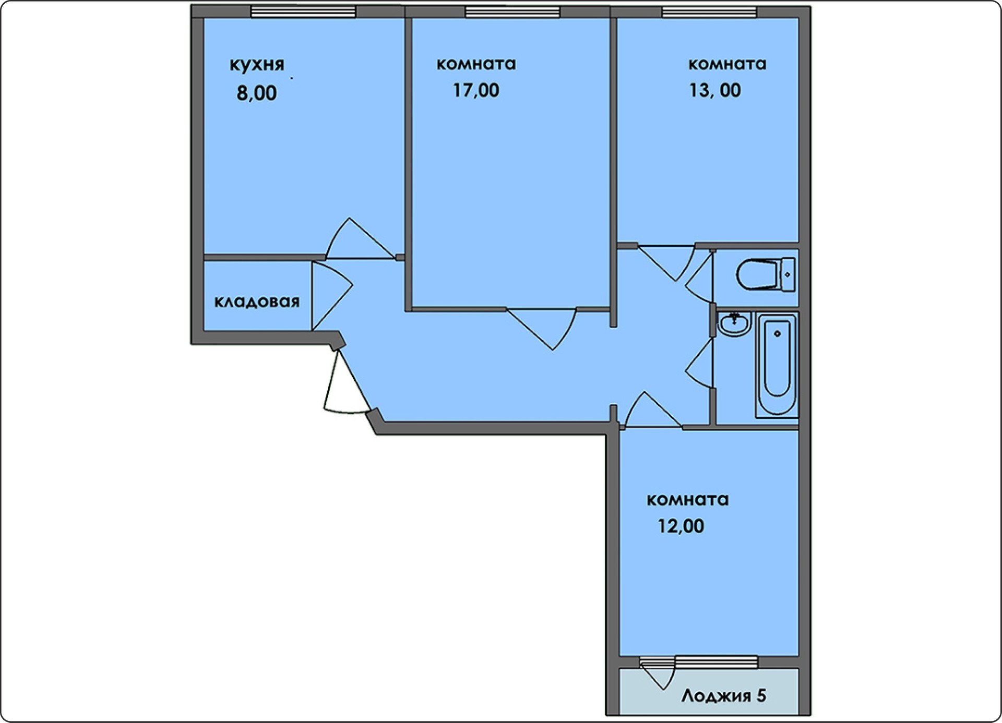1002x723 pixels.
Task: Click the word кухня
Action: (257, 65)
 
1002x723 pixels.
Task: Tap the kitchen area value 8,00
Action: (256, 93)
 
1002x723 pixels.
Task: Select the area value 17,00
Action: (475, 91)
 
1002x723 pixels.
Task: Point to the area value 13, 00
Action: (715, 91)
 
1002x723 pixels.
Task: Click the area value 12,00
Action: (681, 526)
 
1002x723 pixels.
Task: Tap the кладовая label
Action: (257, 302)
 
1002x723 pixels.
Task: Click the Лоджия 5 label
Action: (724, 695)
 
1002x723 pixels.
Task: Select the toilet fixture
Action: (766, 274)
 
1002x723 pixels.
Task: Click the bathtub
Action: (777, 365)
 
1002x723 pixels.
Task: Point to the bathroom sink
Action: (734, 324)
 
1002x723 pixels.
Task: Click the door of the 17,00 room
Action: (543, 329)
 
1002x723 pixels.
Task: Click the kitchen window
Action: (303, 12)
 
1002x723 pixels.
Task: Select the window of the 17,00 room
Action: (512, 12)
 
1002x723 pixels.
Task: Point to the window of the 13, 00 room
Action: (709, 12)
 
